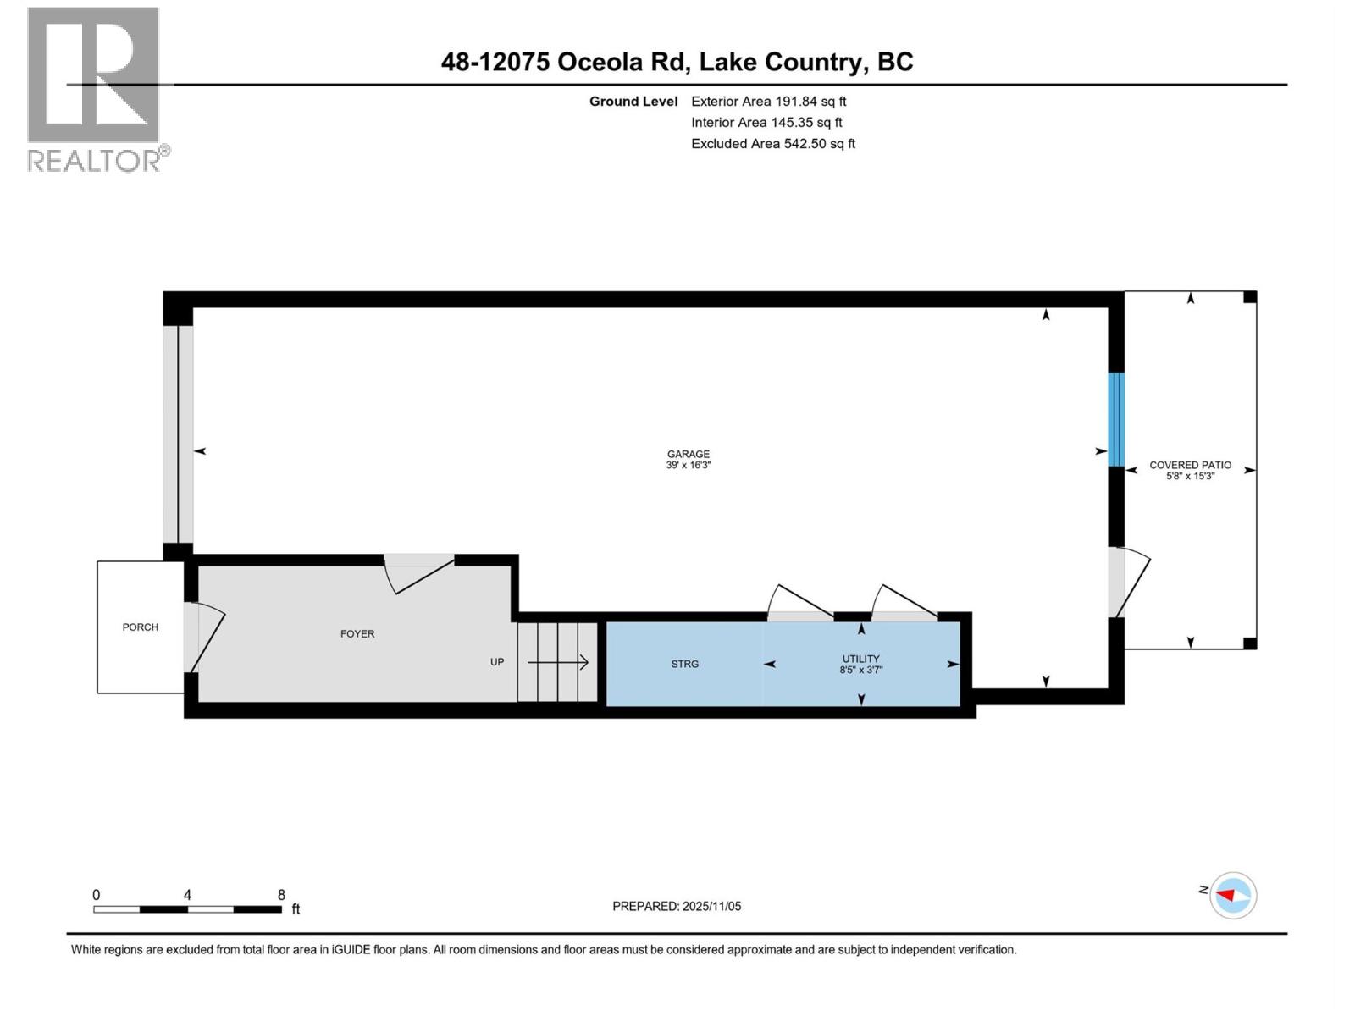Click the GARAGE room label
pyautogui.click(x=688, y=454)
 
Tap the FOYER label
pyautogui.click(x=357, y=633)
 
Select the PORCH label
pyautogui.click(x=140, y=627)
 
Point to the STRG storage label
pyautogui.click(x=684, y=664)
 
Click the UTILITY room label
pyautogui.click(x=860, y=658)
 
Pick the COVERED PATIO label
pyautogui.click(x=1190, y=465)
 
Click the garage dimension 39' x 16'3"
pyautogui.click(x=688, y=466)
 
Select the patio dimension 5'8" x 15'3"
pyautogui.click(x=1190, y=477)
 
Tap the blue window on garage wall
pyautogui.click(x=1116, y=419)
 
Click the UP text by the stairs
pyautogui.click(x=497, y=662)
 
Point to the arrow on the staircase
pyautogui.click(x=558, y=662)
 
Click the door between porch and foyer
pyautogui.click(x=203, y=637)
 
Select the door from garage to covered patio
pyautogui.click(x=1128, y=583)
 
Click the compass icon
pyautogui.click(x=1233, y=895)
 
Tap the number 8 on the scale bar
pyautogui.click(x=281, y=895)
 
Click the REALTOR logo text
pyautogui.click(x=97, y=160)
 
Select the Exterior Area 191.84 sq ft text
pyautogui.click(x=768, y=102)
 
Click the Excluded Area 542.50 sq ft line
pyautogui.click(x=772, y=144)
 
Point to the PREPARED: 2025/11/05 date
pyautogui.click(x=676, y=906)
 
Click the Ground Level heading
pyautogui.click(x=633, y=102)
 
